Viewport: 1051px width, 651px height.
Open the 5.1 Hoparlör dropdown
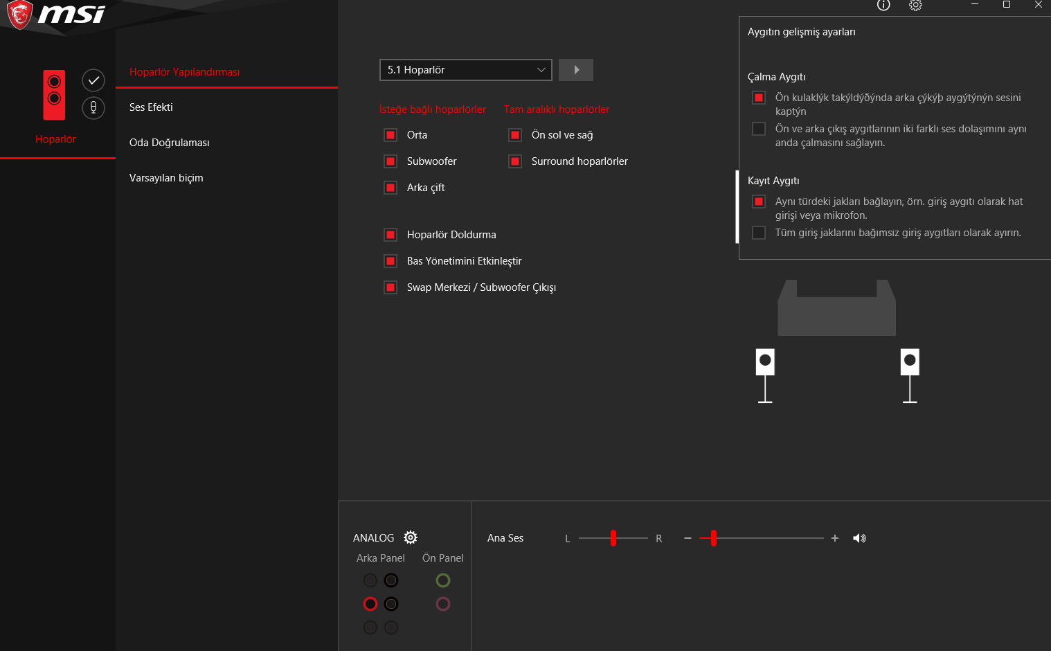coord(465,70)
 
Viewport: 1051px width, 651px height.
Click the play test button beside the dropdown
coord(576,70)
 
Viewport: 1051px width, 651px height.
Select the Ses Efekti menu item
coord(151,107)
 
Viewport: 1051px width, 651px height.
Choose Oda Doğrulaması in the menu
coord(170,143)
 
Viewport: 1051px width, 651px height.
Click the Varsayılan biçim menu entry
coord(166,178)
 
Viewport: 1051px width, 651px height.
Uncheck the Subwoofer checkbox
coord(390,161)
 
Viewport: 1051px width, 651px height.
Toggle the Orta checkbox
coord(390,135)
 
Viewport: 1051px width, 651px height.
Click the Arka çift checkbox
coord(390,188)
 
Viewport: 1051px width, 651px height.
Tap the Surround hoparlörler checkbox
coord(514,161)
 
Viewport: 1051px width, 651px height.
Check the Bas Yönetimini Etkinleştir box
coord(390,261)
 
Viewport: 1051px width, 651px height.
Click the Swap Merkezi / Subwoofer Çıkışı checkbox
coord(390,287)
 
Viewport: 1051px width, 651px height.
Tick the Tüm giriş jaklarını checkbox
coord(759,233)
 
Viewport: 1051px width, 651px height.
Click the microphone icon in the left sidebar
coord(93,108)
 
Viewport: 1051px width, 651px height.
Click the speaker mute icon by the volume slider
coord(859,538)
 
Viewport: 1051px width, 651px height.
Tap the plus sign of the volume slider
coord(835,538)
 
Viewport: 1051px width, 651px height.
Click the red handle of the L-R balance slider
coord(613,538)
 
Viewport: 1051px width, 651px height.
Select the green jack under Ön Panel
coord(443,580)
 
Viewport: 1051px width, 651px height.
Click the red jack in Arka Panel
coord(370,604)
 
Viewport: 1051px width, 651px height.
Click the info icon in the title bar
coord(883,5)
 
